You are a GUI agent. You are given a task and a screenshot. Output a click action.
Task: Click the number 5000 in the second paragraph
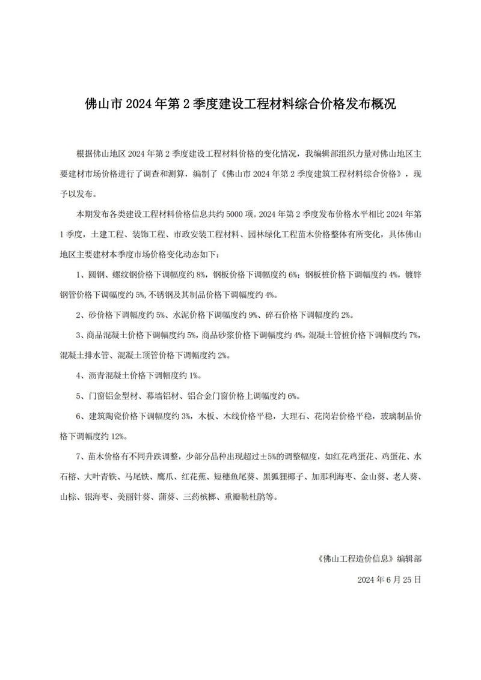click(x=230, y=213)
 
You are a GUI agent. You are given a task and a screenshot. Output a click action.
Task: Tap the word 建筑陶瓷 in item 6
click(x=105, y=417)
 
